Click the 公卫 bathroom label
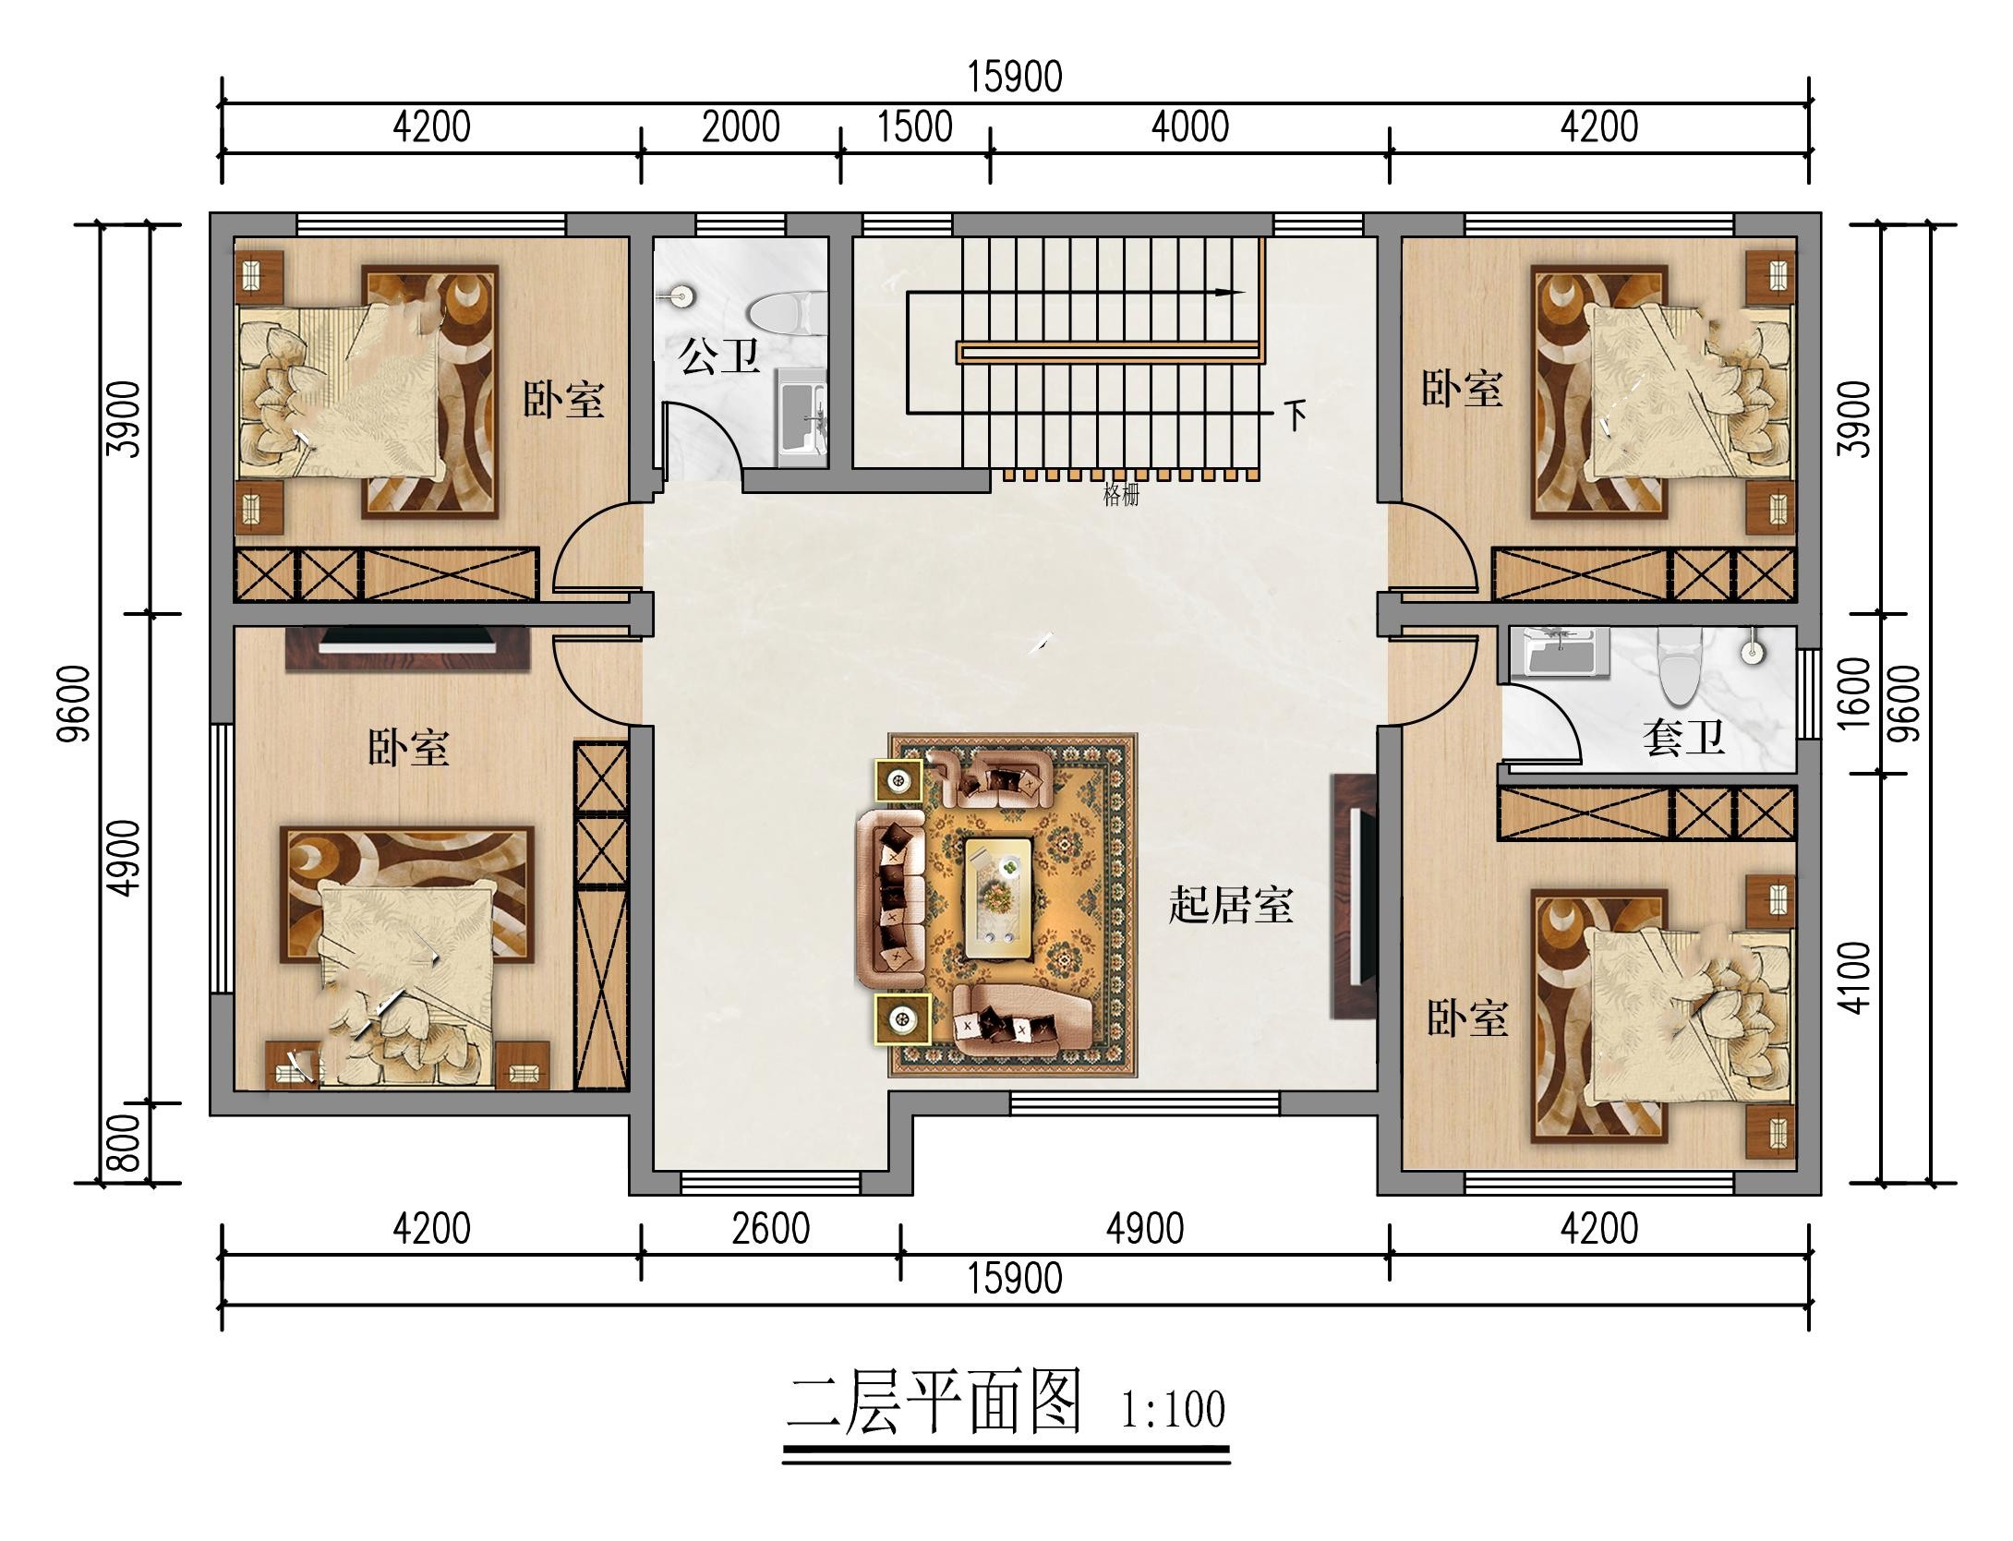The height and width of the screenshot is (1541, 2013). pyautogui.click(x=719, y=355)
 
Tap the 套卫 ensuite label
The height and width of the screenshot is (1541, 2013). pyautogui.click(x=1683, y=738)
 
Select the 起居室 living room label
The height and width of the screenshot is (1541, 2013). pyautogui.click(x=1230, y=904)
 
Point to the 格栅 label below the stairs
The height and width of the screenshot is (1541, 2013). pyautogui.click(x=1121, y=496)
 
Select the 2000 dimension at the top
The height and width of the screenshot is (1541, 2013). pyautogui.click(x=741, y=126)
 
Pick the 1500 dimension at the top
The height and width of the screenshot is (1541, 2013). pyautogui.click(x=914, y=126)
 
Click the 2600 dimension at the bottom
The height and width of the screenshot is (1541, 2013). pyautogui.click(x=770, y=1229)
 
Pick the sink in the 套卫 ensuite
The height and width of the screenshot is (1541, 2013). pyautogui.click(x=1751, y=649)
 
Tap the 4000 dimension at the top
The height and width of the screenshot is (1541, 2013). pyautogui.click(x=1189, y=126)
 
